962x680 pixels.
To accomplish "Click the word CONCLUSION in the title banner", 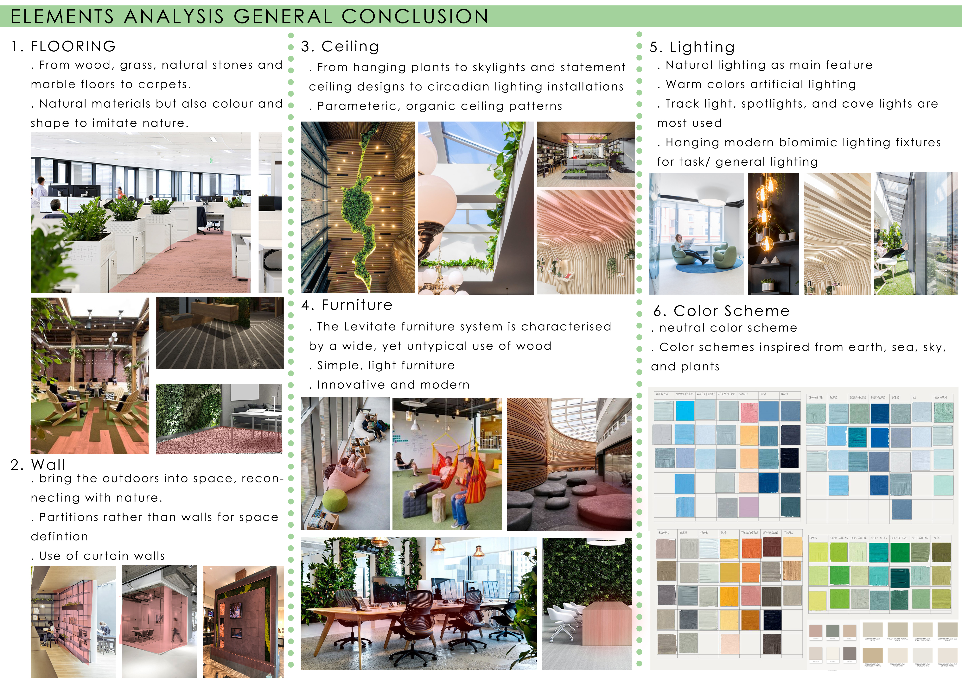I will [415, 17].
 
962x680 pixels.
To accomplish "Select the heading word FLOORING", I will [73, 47].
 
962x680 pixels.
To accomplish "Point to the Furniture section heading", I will [357, 305].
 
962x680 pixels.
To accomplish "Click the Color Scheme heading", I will [732, 311].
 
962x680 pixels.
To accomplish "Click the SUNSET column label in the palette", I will [744, 394].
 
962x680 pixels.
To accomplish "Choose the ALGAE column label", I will [937, 538].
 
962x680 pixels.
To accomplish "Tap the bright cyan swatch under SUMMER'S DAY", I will [685, 410].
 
